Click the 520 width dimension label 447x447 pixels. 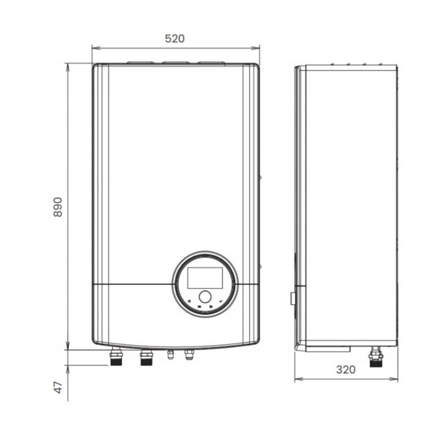(x=175, y=38)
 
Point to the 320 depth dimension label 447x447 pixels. (x=346, y=369)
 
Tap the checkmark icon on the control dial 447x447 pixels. (x=221, y=301)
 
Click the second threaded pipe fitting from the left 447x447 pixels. (x=146, y=357)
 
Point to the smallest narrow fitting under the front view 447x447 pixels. (x=170, y=354)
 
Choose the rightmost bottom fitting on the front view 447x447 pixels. (x=189, y=355)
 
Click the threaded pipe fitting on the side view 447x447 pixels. (x=375, y=358)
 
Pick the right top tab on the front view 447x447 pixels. (x=211, y=61)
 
